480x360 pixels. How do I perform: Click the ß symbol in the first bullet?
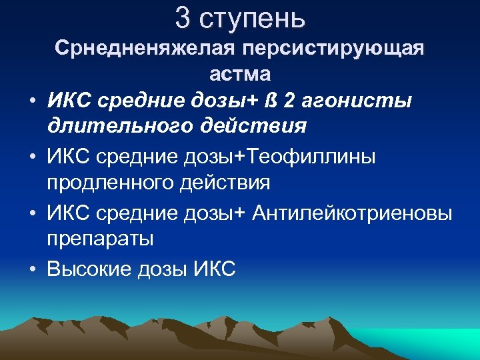point(271,101)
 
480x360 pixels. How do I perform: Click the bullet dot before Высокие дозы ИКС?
point(32,269)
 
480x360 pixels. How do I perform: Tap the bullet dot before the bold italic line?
point(32,101)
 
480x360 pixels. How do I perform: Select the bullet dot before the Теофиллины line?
point(32,157)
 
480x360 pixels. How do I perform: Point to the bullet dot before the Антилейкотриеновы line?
point(32,213)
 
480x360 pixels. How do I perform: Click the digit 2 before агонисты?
point(288,101)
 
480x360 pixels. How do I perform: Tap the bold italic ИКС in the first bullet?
point(69,101)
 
